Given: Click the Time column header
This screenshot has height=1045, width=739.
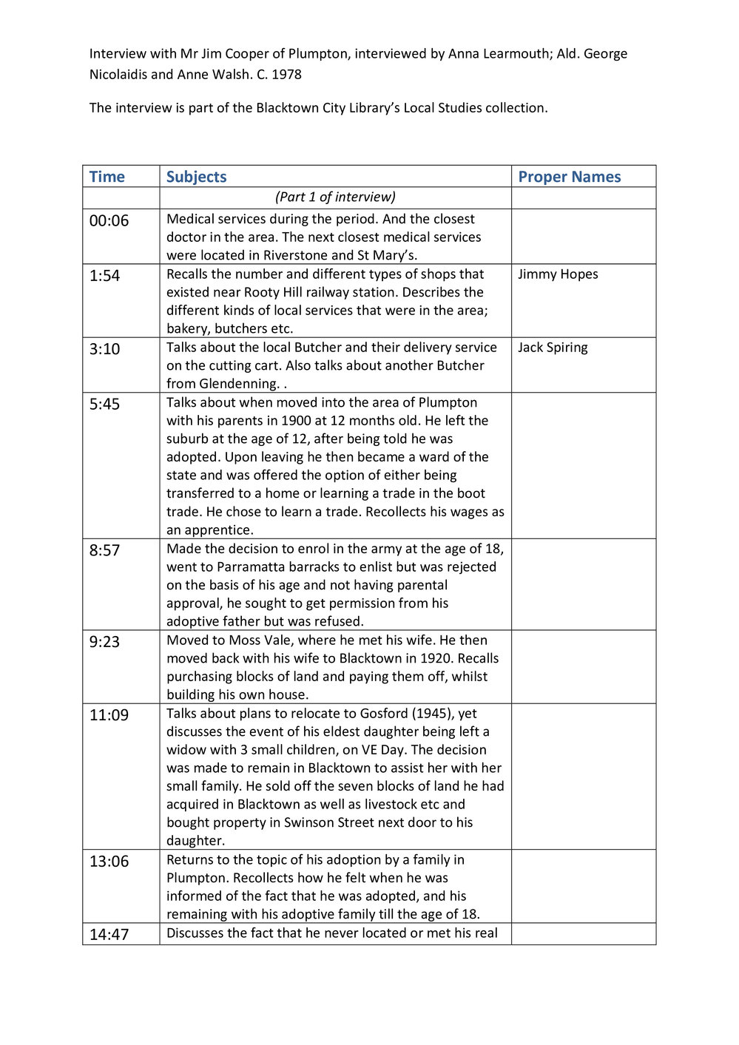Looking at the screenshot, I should point(107,177).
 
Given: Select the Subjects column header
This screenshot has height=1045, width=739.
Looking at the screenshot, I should point(196,177).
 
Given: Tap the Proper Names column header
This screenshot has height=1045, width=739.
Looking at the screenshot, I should point(569,177).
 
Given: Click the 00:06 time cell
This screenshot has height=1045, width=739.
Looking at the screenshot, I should point(109,220).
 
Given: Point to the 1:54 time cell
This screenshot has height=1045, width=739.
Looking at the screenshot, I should point(104,275).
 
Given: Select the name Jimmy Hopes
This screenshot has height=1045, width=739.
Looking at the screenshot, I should point(558,274).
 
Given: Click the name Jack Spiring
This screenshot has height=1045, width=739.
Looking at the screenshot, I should point(553,348).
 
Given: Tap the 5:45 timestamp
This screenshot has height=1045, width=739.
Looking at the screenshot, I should point(104,404).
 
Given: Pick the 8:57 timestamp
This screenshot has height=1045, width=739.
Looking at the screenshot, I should point(104,550).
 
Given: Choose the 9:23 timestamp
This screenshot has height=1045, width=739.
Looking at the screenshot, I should point(104,642).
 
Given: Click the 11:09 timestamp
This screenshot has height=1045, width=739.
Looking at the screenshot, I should point(109,715).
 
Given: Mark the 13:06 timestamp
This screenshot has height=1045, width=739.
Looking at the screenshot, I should point(109,862).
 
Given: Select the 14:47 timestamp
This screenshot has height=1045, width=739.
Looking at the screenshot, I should point(109,934).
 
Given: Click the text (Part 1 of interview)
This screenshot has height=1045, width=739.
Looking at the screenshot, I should point(335,197).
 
